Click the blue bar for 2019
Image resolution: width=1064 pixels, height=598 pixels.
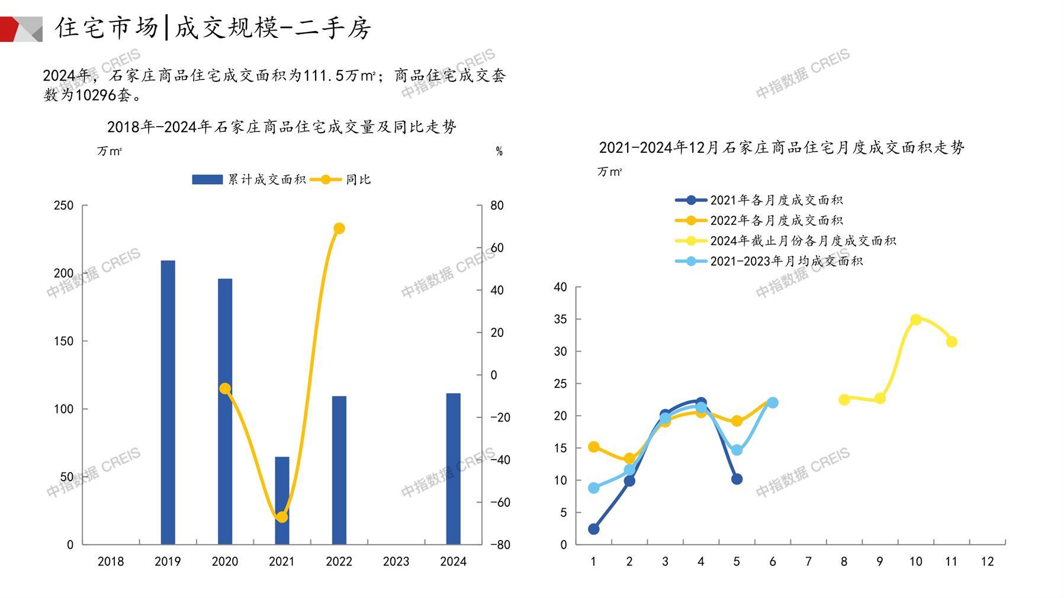tap(168, 402)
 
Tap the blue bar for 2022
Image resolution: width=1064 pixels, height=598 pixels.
tap(339, 470)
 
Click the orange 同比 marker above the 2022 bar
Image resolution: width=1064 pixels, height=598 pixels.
tap(339, 229)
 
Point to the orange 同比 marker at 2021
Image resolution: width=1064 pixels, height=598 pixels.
tap(282, 517)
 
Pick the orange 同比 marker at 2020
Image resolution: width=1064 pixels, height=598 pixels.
tap(225, 388)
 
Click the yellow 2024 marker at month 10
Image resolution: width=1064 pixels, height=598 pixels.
tap(915, 320)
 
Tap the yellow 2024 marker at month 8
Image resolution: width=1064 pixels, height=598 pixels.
tap(844, 400)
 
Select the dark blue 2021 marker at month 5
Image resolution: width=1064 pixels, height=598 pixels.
tap(737, 479)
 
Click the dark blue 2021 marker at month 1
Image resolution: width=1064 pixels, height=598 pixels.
tap(594, 529)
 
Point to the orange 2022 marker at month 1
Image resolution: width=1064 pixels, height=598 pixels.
tap(594, 447)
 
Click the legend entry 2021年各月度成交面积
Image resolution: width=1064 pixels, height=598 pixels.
tap(776, 201)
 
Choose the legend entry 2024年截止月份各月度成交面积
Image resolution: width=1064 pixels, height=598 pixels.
tap(802, 241)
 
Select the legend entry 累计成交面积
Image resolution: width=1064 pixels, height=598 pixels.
tap(266, 179)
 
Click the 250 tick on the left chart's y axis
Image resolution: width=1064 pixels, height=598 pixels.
tap(63, 205)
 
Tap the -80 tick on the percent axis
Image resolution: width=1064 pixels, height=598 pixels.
tap(500, 545)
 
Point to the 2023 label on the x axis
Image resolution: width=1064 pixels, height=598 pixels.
tap(396, 561)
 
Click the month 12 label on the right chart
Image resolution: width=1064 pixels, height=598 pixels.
tap(987, 561)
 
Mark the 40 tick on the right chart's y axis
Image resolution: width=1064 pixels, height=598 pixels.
tap(560, 287)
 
